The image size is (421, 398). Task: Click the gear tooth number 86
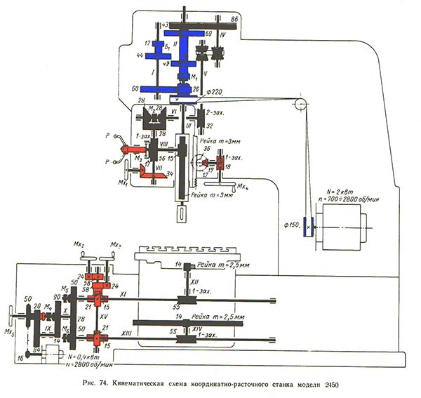(234, 18)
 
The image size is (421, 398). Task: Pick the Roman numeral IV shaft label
(222, 32)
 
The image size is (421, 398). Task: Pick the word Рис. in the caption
(87, 382)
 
